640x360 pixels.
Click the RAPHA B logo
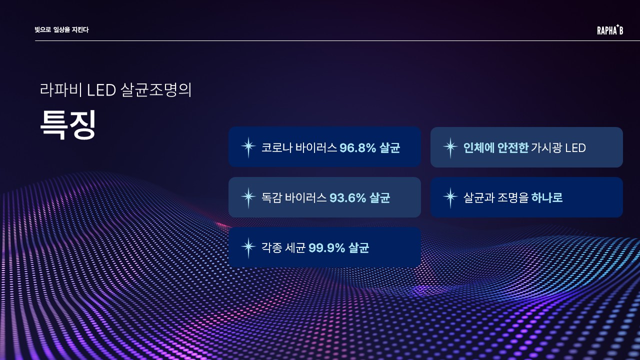coord(610,29)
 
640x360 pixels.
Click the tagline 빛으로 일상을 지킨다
coord(61,29)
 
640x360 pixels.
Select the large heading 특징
coord(67,125)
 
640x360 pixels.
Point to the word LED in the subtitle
coord(101,90)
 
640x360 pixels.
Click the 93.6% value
coord(347,197)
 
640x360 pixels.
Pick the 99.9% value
coord(327,247)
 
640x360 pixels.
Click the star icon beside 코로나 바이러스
coord(248,147)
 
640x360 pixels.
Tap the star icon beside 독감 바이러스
coord(248,197)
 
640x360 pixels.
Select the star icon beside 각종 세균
coord(248,247)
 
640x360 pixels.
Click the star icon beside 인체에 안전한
coord(450,147)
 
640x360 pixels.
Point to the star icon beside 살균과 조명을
coord(450,197)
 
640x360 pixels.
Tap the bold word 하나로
coord(547,197)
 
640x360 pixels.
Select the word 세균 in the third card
coord(295,247)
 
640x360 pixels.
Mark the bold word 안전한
coord(513,147)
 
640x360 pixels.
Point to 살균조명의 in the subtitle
coord(156,90)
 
